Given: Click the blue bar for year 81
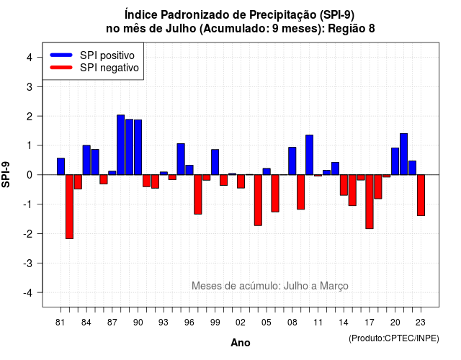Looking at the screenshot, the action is [61, 166].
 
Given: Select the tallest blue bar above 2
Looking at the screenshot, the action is [121, 145].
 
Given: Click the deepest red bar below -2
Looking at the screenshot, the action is [69, 207].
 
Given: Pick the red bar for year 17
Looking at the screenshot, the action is [370, 202].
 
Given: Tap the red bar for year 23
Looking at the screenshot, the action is [421, 195].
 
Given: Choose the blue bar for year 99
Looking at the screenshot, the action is [215, 162].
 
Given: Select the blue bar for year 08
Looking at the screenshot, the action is [292, 161].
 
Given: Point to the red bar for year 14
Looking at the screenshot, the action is [344, 185].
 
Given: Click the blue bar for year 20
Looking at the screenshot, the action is [395, 161].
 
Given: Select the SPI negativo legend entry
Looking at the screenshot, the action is [94, 68].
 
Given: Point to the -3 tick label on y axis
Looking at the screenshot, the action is [29, 264].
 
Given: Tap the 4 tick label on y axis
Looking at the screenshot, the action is [30, 58].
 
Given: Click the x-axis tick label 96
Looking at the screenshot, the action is [189, 323].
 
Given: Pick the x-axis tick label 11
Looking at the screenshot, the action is [318, 323].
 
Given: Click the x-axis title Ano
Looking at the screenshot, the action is [241, 343].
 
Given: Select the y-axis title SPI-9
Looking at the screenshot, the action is [6, 174].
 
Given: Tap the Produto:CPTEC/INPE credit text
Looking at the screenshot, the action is [394, 338].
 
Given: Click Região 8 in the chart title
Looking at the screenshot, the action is [352, 29].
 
